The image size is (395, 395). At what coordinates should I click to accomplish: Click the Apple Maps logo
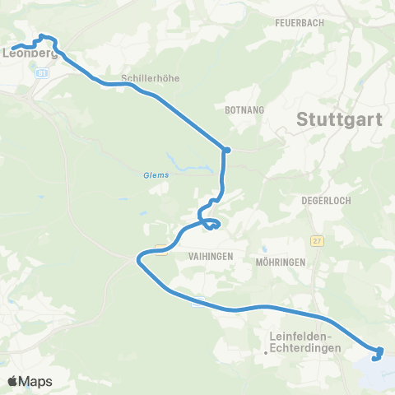pyautogui.click(x=30, y=381)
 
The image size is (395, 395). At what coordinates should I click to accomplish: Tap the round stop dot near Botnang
pyautogui.click(x=226, y=150)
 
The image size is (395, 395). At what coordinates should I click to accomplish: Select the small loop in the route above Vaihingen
pyautogui.click(x=213, y=224)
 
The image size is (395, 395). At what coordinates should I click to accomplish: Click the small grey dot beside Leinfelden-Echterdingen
pyautogui.click(x=265, y=352)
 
